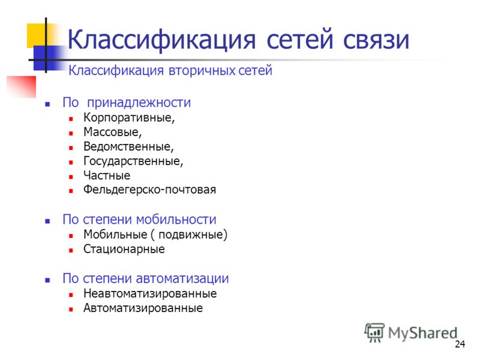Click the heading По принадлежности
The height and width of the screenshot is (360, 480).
(x=127, y=103)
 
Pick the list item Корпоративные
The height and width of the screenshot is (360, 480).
(x=129, y=118)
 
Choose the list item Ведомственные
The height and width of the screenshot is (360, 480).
(x=128, y=146)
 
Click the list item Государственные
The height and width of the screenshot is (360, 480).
(x=133, y=161)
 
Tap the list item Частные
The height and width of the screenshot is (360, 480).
(x=107, y=176)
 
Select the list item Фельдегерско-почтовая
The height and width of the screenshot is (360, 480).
(x=149, y=190)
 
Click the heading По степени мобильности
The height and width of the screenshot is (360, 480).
(x=139, y=220)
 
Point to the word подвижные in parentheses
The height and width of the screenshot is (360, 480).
(x=194, y=235)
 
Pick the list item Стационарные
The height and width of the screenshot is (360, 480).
(x=124, y=249)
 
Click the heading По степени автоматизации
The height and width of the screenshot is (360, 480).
(x=146, y=279)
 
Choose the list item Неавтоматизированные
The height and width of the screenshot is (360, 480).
(x=150, y=294)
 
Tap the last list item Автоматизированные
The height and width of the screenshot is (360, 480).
(x=143, y=308)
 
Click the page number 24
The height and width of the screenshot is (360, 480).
(x=460, y=344)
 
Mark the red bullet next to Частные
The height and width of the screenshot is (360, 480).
(x=71, y=176)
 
